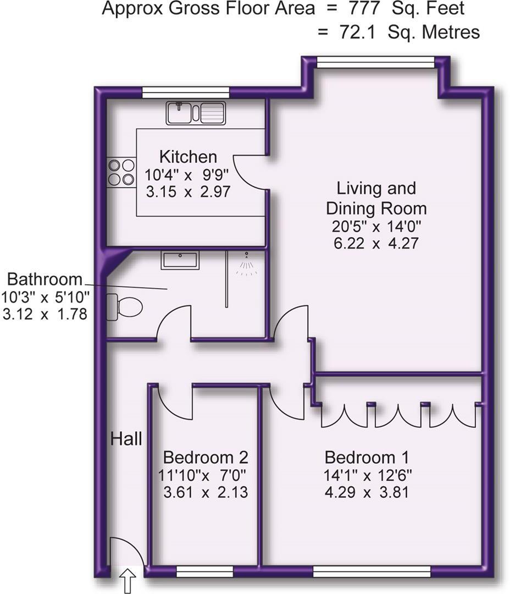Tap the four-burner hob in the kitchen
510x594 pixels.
(121, 172)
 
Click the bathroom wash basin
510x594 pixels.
(179, 260)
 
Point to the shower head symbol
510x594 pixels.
(247, 263)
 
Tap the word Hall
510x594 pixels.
(126, 439)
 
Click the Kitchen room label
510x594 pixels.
(188, 157)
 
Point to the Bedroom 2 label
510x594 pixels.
(206, 457)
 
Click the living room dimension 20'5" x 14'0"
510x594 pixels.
(376, 226)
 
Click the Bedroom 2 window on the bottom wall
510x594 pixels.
(204, 572)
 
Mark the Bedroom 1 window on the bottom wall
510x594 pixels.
(372, 572)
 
